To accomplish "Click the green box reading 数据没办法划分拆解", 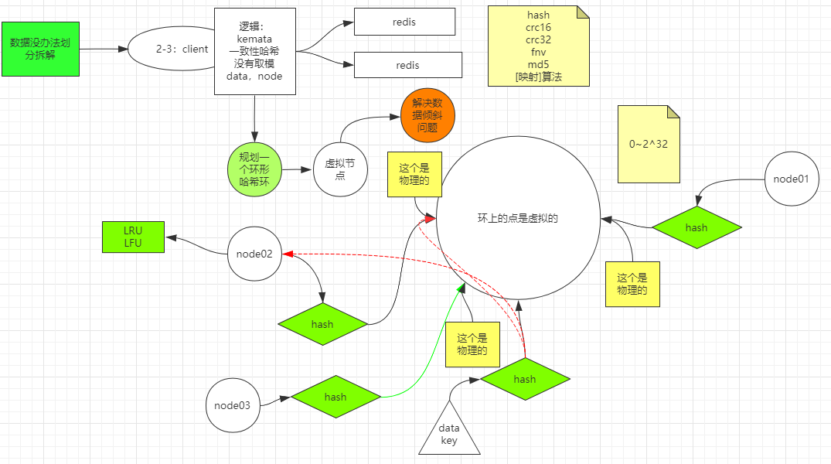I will click(x=41, y=49).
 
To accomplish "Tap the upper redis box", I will click(x=404, y=22).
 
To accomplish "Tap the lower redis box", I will click(x=407, y=66).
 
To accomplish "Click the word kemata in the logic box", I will click(x=254, y=39).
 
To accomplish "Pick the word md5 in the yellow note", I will click(x=538, y=64).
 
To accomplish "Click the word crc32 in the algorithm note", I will click(x=538, y=39).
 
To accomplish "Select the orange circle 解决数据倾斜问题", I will click(x=427, y=116).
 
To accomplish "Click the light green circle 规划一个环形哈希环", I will click(x=254, y=169).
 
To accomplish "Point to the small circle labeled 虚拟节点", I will click(x=340, y=169).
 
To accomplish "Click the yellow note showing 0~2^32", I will click(x=649, y=145).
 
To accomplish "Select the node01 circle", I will click(x=791, y=179).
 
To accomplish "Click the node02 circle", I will click(x=254, y=253).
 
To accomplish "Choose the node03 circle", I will click(x=233, y=405).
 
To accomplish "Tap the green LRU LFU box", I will click(x=133, y=237).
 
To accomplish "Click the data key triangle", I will click(x=449, y=433).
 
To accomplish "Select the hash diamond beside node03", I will click(x=335, y=397).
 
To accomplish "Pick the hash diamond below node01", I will click(x=696, y=227).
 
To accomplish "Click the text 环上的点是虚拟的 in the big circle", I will click(x=518, y=218).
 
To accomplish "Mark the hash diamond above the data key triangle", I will click(x=524, y=379).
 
